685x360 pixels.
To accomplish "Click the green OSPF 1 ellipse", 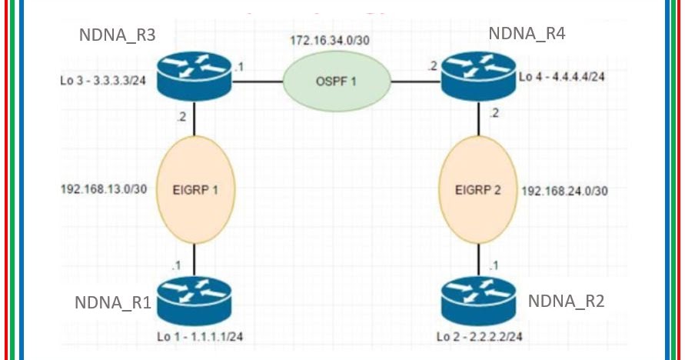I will click(335, 81).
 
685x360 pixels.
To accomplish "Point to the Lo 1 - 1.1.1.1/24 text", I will click(203, 336).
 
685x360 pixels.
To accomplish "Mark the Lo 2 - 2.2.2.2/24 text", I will click(480, 337).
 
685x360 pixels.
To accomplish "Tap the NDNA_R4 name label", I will click(527, 34).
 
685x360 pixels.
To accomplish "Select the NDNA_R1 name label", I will click(112, 302).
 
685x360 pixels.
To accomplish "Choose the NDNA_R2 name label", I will click(566, 301).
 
